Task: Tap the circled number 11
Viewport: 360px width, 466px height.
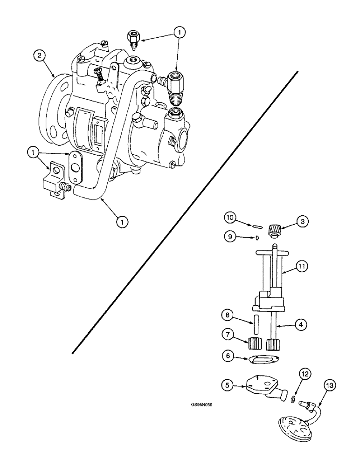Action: click(x=303, y=267)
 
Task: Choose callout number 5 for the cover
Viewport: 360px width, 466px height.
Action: click(x=228, y=385)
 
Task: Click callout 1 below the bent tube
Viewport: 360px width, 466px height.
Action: click(x=122, y=223)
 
